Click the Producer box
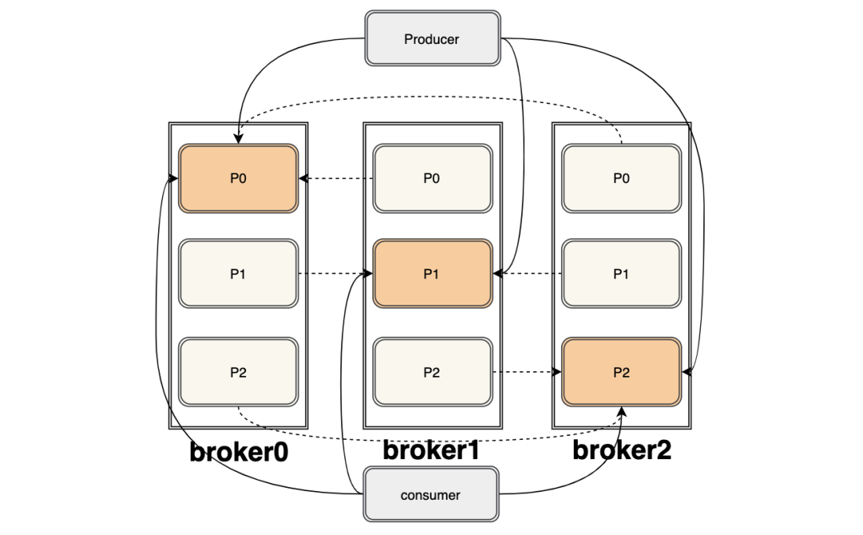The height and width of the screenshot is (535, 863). coord(431,38)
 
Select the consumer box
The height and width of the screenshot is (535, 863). coord(431,495)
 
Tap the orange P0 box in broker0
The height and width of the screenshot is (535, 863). coord(238,178)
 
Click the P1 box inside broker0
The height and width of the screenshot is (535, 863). coord(238,274)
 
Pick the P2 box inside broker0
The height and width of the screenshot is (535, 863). coord(238,372)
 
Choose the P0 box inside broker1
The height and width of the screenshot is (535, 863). coord(431,178)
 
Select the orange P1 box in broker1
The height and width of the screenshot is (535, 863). coord(431,274)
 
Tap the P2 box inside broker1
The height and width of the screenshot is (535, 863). coord(431,372)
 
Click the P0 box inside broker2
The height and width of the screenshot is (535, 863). coord(621,178)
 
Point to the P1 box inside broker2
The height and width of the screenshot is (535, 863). coord(621,274)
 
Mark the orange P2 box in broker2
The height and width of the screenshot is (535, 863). coord(621,372)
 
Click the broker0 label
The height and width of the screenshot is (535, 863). coord(238,453)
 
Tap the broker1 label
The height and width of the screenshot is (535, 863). coord(431,450)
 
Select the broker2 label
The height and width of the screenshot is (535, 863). coord(622,450)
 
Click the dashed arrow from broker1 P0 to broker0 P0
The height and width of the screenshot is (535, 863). coord(336,178)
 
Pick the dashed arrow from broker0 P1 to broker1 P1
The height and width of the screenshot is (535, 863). coord(336,274)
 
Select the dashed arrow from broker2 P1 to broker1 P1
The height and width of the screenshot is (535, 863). coord(527,274)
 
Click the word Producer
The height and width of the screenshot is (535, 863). coord(431,38)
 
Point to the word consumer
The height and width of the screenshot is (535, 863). coord(431,495)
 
